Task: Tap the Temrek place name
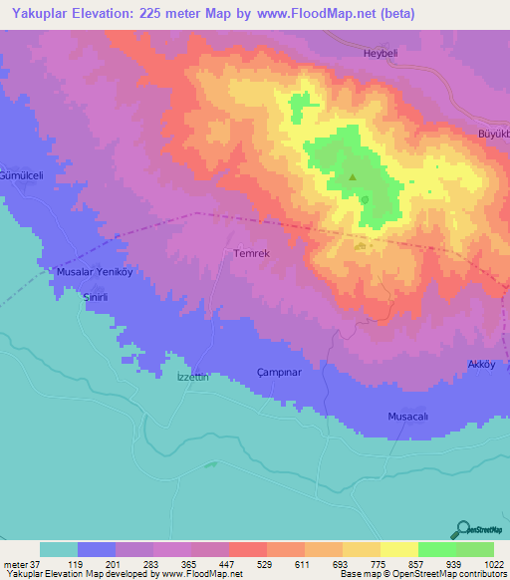(x=251, y=254)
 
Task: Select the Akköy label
(x=481, y=365)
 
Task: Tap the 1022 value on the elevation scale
(x=493, y=565)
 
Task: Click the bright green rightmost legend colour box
(x=474, y=549)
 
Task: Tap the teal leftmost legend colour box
(x=59, y=549)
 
